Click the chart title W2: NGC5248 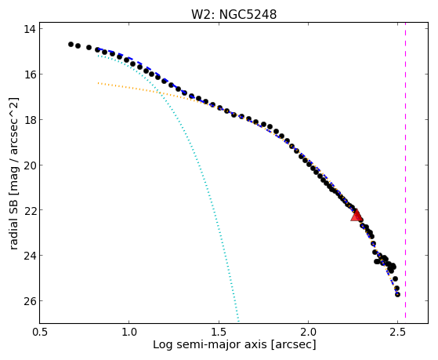pos(233,14)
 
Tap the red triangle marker pos(357,216)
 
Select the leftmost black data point pos(71,44)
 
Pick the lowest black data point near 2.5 pos(397,295)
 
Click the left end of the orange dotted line pos(98,83)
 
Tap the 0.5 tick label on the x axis pos(40,332)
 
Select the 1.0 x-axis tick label pos(129,332)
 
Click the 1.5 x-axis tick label pos(219,332)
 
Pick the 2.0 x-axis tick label pos(308,332)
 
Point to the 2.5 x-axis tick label pos(398,332)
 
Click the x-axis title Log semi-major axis pos(209,344)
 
